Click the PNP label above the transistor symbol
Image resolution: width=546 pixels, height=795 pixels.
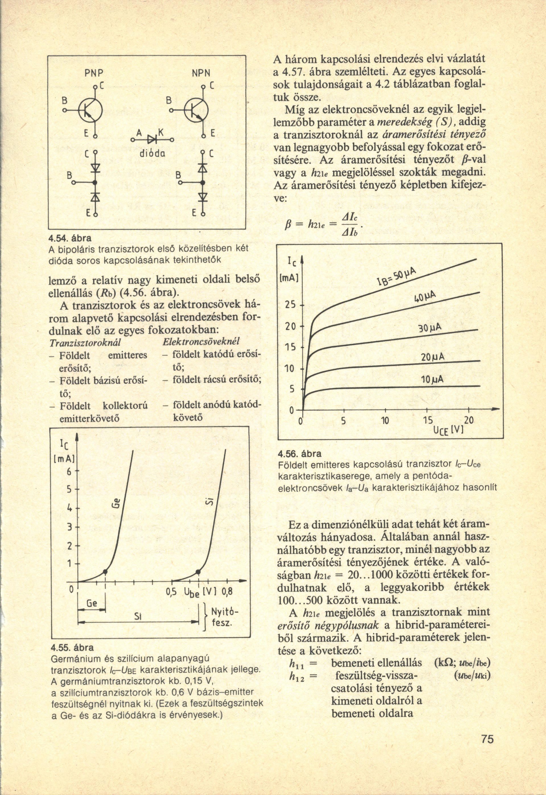coord(94,73)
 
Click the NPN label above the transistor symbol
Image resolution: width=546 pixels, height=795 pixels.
coord(201,73)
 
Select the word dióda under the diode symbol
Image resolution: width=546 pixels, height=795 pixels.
coord(153,153)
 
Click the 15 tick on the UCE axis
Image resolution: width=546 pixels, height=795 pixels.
coord(427,420)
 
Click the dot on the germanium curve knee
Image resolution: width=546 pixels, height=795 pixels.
coord(105,572)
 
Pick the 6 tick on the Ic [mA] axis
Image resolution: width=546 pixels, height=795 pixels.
coord(69,471)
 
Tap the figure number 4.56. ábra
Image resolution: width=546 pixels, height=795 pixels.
coord(300,454)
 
